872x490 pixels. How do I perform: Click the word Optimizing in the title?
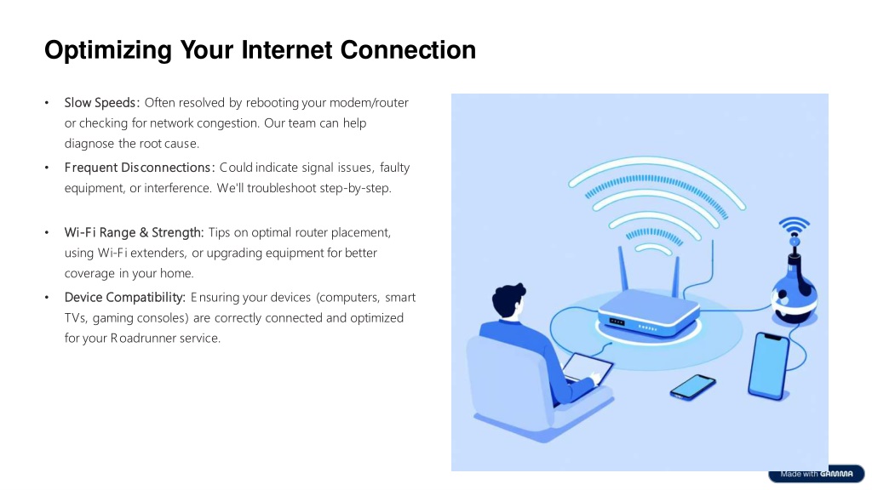click(108, 50)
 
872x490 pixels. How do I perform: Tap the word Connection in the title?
click(408, 50)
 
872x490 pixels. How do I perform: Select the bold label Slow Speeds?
click(100, 103)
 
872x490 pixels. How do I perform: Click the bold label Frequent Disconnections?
click(137, 168)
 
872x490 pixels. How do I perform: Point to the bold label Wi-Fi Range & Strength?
click(134, 232)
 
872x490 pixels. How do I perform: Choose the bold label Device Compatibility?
click(124, 297)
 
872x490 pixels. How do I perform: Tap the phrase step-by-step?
click(355, 188)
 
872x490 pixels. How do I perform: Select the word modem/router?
click(369, 103)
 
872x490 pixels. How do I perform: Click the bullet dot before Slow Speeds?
click(47, 103)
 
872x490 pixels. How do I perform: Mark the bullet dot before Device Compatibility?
click(47, 297)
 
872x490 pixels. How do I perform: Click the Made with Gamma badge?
click(816, 474)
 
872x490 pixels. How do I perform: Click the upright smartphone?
click(770, 366)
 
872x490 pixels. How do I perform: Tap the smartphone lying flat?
click(693, 387)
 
